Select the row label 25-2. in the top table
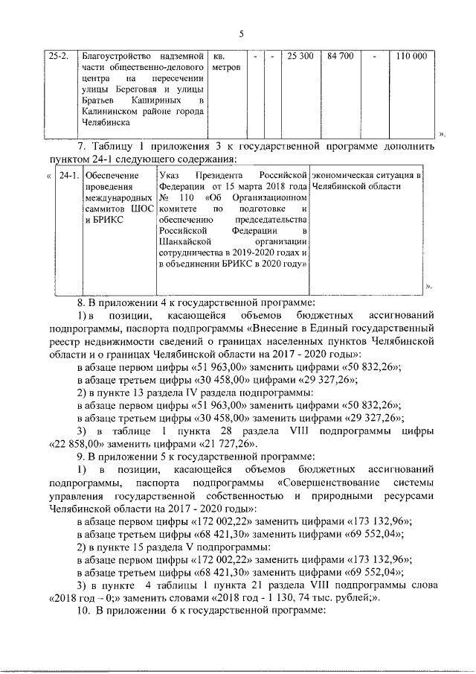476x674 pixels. pos(59,57)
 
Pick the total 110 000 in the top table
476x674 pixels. pos(411,57)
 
